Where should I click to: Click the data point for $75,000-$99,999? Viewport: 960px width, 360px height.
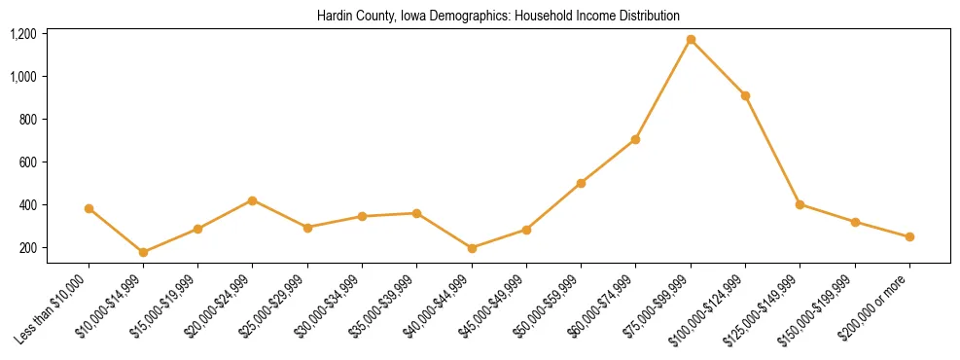click(691, 40)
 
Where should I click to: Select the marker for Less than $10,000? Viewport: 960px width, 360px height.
click(89, 208)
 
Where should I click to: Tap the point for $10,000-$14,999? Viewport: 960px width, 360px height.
click(143, 252)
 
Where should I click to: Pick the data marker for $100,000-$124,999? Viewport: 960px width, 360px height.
click(745, 95)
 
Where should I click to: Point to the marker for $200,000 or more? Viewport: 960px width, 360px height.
click(909, 236)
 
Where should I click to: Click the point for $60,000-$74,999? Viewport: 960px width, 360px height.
click(635, 139)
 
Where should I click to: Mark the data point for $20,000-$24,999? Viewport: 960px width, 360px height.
click(253, 200)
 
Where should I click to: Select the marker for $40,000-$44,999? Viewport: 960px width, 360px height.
click(472, 248)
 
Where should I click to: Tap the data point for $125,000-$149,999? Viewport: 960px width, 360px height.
click(800, 204)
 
